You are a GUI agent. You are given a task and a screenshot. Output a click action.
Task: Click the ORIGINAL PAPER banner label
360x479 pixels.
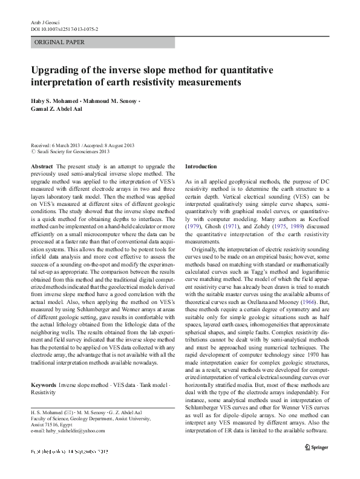[59, 42]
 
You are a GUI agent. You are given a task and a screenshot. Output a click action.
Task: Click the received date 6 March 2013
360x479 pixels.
[70, 146]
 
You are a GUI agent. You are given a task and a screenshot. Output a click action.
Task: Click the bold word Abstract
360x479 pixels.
[41, 166]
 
